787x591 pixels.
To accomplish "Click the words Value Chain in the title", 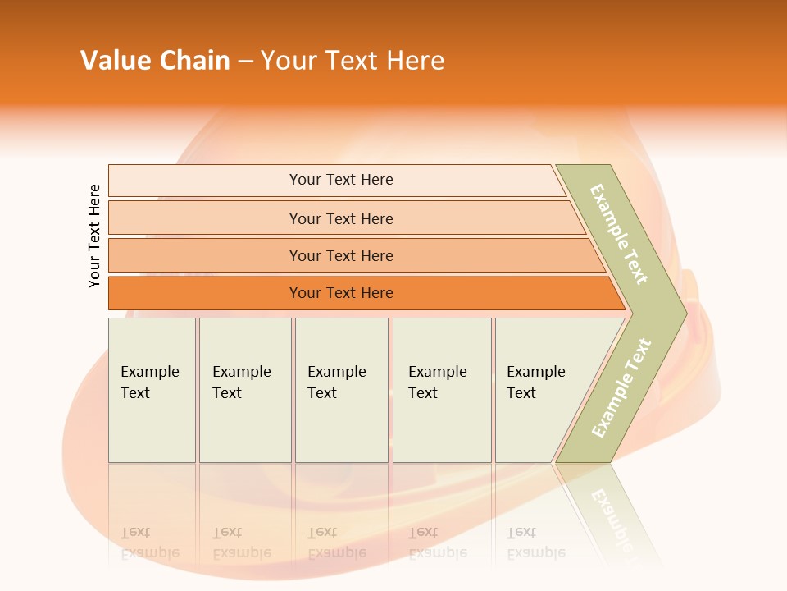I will coord(155,61).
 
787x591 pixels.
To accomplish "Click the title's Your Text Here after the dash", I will coord(353,61).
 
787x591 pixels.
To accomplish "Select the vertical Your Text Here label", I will coord(94,236).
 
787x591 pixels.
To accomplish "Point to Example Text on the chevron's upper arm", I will coord(619,234).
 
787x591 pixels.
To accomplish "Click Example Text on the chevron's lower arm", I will coord(621,387).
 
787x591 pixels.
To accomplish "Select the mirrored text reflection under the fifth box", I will coord(535,543).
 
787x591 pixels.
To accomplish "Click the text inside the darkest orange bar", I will coord(341,293).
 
